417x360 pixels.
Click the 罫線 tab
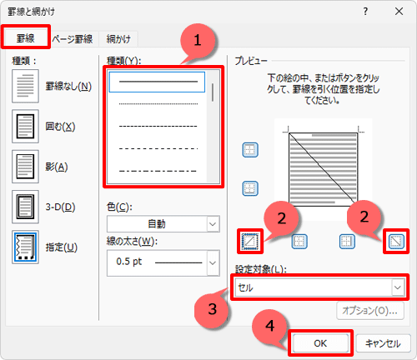coord(25,38)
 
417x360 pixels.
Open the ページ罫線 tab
coord(73,39)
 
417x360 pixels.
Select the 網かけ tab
coord(118,39)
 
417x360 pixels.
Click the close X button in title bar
coord(399,12)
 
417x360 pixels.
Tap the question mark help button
coord(365,12)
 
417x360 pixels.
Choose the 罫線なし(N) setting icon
coord(25,86)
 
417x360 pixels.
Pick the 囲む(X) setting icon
coord(25,127)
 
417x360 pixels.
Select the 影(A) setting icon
coord(25,167)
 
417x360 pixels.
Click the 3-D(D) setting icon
coord(25,207)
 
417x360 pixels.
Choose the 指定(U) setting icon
coord(25,247)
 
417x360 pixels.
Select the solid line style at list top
coord(157,82)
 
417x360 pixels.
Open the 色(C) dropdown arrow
coord(213,224)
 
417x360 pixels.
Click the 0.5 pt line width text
coord(129,262)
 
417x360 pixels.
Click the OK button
coord(320,343)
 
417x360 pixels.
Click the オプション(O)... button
coord(369,311)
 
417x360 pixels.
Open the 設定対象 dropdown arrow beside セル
coord(398,287)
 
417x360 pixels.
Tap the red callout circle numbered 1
coord(198,41)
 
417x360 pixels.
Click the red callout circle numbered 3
coord(212,309)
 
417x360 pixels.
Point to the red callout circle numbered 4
coord(270,326)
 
